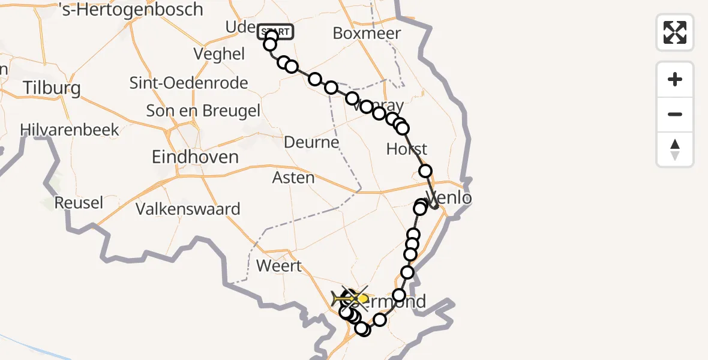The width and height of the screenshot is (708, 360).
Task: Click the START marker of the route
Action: pos(275,32)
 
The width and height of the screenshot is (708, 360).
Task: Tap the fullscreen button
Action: pos(675,32)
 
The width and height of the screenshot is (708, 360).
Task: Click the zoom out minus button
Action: pos(675,114)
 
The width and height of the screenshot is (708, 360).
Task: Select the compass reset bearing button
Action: pos(675,149)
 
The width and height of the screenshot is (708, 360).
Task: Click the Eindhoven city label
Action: pos(195,157)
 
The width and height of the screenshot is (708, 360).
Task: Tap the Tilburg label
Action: pos(52,89)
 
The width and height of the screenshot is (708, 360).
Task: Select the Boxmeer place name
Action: pos(367,33)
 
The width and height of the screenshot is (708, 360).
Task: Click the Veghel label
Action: pos(219,54)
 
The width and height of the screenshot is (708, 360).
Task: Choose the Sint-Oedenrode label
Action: pos(189,83)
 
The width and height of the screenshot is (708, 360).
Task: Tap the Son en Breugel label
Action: pos(203,111)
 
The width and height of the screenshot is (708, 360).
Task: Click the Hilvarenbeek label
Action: pos(70,130)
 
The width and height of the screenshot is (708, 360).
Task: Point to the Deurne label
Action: pos(311,143)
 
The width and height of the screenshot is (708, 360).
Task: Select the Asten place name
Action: pos(293,178)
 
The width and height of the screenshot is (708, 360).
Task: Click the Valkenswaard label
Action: pos(188,209)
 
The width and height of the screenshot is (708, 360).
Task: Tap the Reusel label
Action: pos(79,203)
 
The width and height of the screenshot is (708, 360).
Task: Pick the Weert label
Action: pos(278,265)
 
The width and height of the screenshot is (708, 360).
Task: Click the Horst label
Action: pos(407,149)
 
